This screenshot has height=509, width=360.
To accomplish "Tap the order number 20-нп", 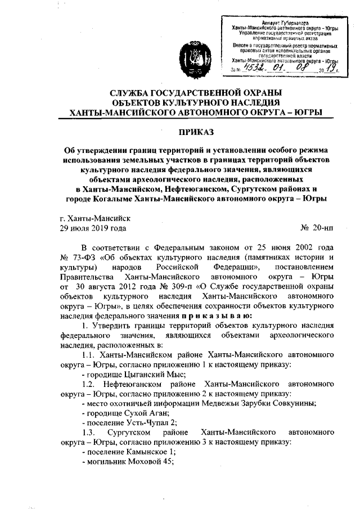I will pos(319,229).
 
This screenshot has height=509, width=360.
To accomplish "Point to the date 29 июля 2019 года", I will pos(93,229).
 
